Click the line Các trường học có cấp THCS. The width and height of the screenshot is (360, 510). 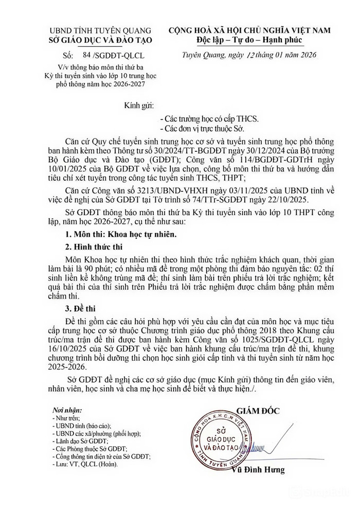(x=209, y=118)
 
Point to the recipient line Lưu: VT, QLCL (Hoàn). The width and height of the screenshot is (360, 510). (x=85, y=464)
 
